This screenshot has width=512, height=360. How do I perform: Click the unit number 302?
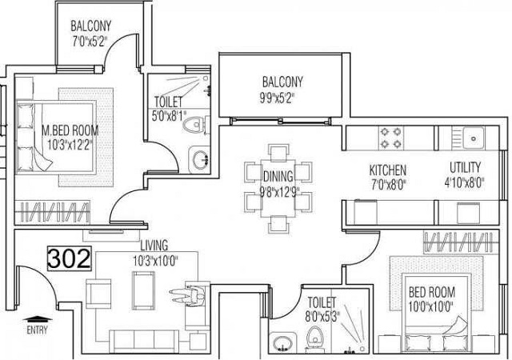[70, 258]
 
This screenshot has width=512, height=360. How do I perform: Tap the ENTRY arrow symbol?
[38, 318]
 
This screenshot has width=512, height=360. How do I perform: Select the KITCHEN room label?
[388, 170]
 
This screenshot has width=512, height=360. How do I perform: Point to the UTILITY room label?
[466, 167]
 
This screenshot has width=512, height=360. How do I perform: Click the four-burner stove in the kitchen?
[391, 138]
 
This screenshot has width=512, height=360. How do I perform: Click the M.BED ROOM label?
[70, 130]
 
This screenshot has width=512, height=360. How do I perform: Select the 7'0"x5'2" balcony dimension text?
[90, 42]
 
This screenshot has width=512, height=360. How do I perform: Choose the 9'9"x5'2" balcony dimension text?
[278, 98]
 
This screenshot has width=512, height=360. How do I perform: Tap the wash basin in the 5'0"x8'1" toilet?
[198, 160]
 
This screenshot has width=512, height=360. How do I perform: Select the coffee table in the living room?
[142, 290]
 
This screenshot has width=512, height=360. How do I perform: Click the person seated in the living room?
[189, 296]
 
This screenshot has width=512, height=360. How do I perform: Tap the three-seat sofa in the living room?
[144, 342]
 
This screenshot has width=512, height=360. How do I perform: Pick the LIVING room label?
[154, 245]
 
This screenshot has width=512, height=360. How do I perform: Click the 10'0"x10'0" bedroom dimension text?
[431, 306]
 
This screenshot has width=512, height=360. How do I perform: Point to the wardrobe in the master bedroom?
[52, 212]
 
